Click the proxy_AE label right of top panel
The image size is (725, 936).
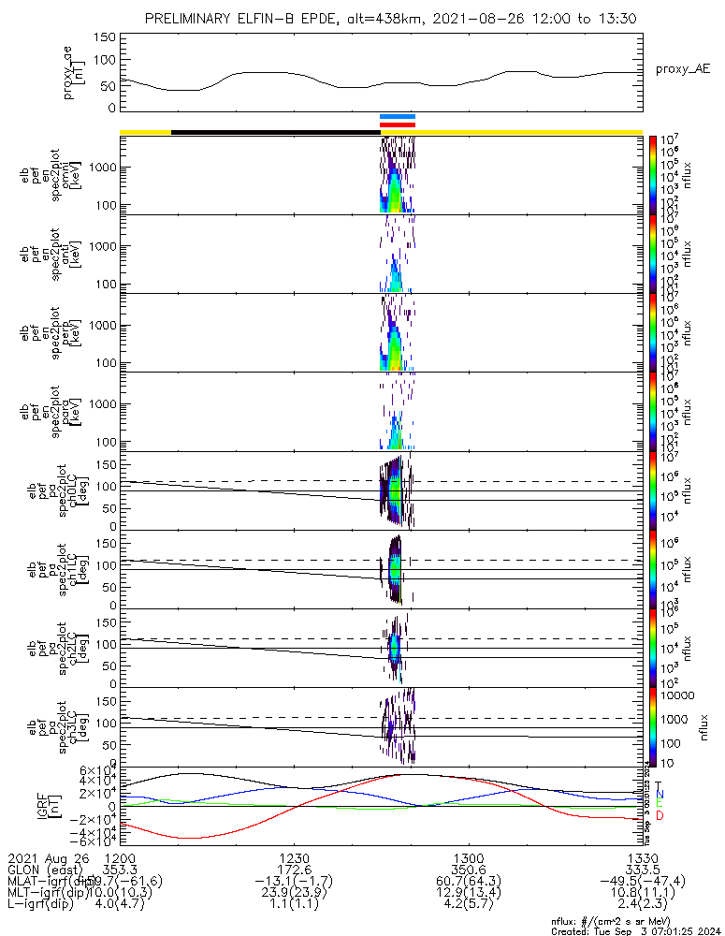(x=683, y=69)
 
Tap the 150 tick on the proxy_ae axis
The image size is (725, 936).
(x=105, y=37)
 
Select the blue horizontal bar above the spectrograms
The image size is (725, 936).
(x=398, y=117)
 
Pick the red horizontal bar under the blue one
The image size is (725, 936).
(x=398, y=124)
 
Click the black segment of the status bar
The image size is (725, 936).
(x=275, y=132)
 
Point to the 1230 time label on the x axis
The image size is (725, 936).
(x=294, y=857)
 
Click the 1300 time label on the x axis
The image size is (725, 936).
(x=468, y=857)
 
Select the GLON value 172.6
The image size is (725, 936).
(x=294, y=870)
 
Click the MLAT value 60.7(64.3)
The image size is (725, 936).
(x=468, y=882)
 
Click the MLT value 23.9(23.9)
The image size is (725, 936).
(x=294, y=894)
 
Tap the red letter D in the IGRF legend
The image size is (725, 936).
(x=659, y=816)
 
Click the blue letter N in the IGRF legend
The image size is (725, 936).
(x=659, y=795)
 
